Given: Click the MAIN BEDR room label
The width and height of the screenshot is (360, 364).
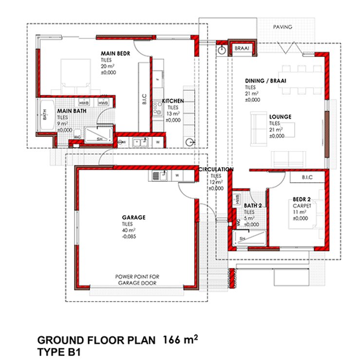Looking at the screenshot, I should [x=115, y=53].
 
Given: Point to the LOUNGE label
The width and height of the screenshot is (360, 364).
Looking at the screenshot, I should [x=280, y=117].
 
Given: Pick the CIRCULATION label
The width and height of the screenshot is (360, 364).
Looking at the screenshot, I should [x=216, y=170].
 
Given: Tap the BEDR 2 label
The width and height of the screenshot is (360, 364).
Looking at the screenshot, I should [x=302, y=199].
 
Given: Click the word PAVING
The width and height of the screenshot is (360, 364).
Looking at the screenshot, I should [x=283, y=27].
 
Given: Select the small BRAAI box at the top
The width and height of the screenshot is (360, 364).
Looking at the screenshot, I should [x=242, y=49].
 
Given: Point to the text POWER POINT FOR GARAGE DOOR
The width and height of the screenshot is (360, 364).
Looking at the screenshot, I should [x=137, y=279].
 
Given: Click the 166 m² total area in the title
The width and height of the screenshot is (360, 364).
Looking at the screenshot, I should [x=180, y=339].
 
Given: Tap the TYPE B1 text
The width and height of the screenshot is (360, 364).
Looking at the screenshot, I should [x=60, y=351].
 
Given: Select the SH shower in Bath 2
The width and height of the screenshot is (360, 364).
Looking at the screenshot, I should [x=242, y=238].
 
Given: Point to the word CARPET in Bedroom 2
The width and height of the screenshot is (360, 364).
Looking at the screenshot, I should [x=301, y=206].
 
